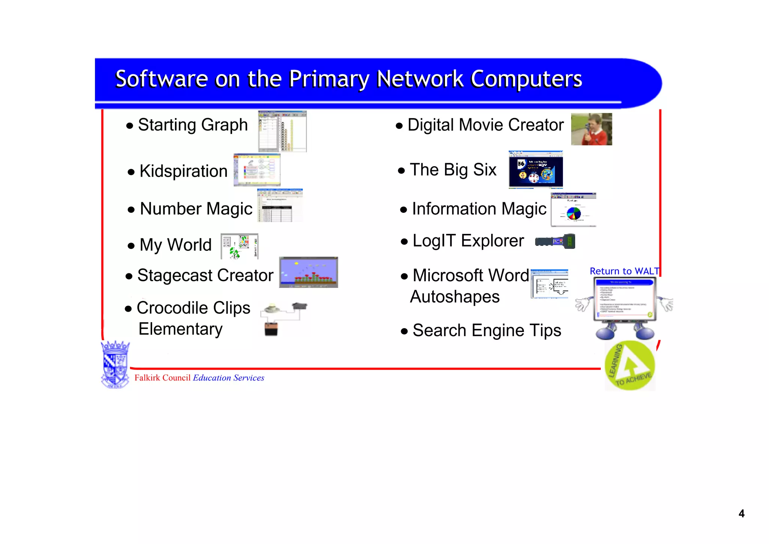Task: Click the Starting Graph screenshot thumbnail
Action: (282, 131)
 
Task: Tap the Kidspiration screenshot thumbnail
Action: (257, 170)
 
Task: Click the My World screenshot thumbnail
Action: (239, 246)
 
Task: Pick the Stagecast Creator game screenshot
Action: (308, 272)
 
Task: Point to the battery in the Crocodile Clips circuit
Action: (271, 329)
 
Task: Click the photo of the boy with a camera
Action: (591, 129)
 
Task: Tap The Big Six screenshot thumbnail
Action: (535, 169)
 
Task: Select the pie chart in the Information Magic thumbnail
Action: (573, 214)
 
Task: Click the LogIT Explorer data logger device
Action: (555, 241)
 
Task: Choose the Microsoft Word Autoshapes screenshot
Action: (549, 284)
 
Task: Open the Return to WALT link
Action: (624, 271)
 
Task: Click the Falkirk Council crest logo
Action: (115, 364)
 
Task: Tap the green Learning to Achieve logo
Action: (630, 366)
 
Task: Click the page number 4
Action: (741, 514)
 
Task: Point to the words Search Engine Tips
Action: (487, 330)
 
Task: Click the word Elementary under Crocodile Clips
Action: (180, 329)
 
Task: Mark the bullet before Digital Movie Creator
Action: (399, 126)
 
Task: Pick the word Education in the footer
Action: (212, 378)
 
